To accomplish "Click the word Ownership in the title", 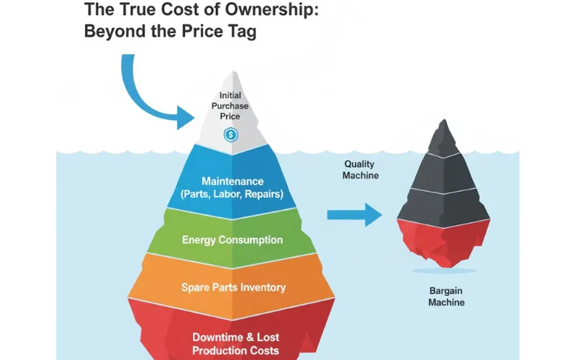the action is tap(271, 9).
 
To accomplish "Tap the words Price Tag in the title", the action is tap(219, 31).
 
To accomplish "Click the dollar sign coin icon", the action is tap(230, 135).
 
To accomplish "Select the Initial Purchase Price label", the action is tap(230, 106).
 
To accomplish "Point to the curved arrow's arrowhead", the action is tap(186, 117).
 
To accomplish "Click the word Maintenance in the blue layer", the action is tap(233, 181).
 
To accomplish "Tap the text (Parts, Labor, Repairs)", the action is tap(232, 194).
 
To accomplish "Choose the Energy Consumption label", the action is tap(233, 240).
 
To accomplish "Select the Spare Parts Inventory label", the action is tap(233, 287).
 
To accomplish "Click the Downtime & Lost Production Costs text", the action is tap(235, 344).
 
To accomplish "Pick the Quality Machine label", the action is tap(361, 170).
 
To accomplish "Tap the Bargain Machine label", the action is tap(446, 297).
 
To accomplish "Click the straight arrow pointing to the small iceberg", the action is tap(354, 215).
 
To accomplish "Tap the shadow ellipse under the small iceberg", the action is tap(444, 271).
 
